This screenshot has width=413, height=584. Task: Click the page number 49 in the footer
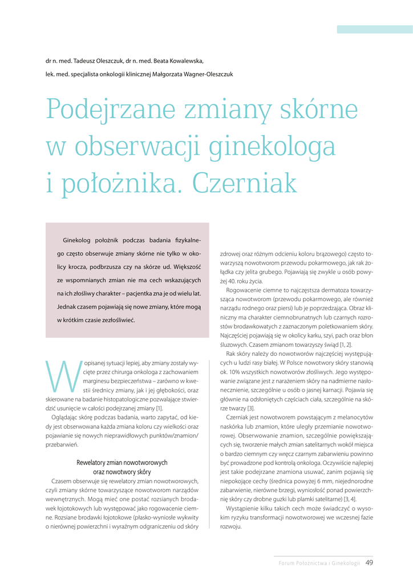pos(369,563)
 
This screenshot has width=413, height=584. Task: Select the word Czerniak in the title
pos(245,183)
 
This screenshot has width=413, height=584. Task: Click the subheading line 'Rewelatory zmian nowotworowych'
pos(122,463)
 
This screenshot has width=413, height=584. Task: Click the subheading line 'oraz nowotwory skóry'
pos(122,472)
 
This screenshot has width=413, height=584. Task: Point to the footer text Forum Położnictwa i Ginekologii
pos(319,563)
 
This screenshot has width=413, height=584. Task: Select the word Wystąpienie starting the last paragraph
pos(245,508)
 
